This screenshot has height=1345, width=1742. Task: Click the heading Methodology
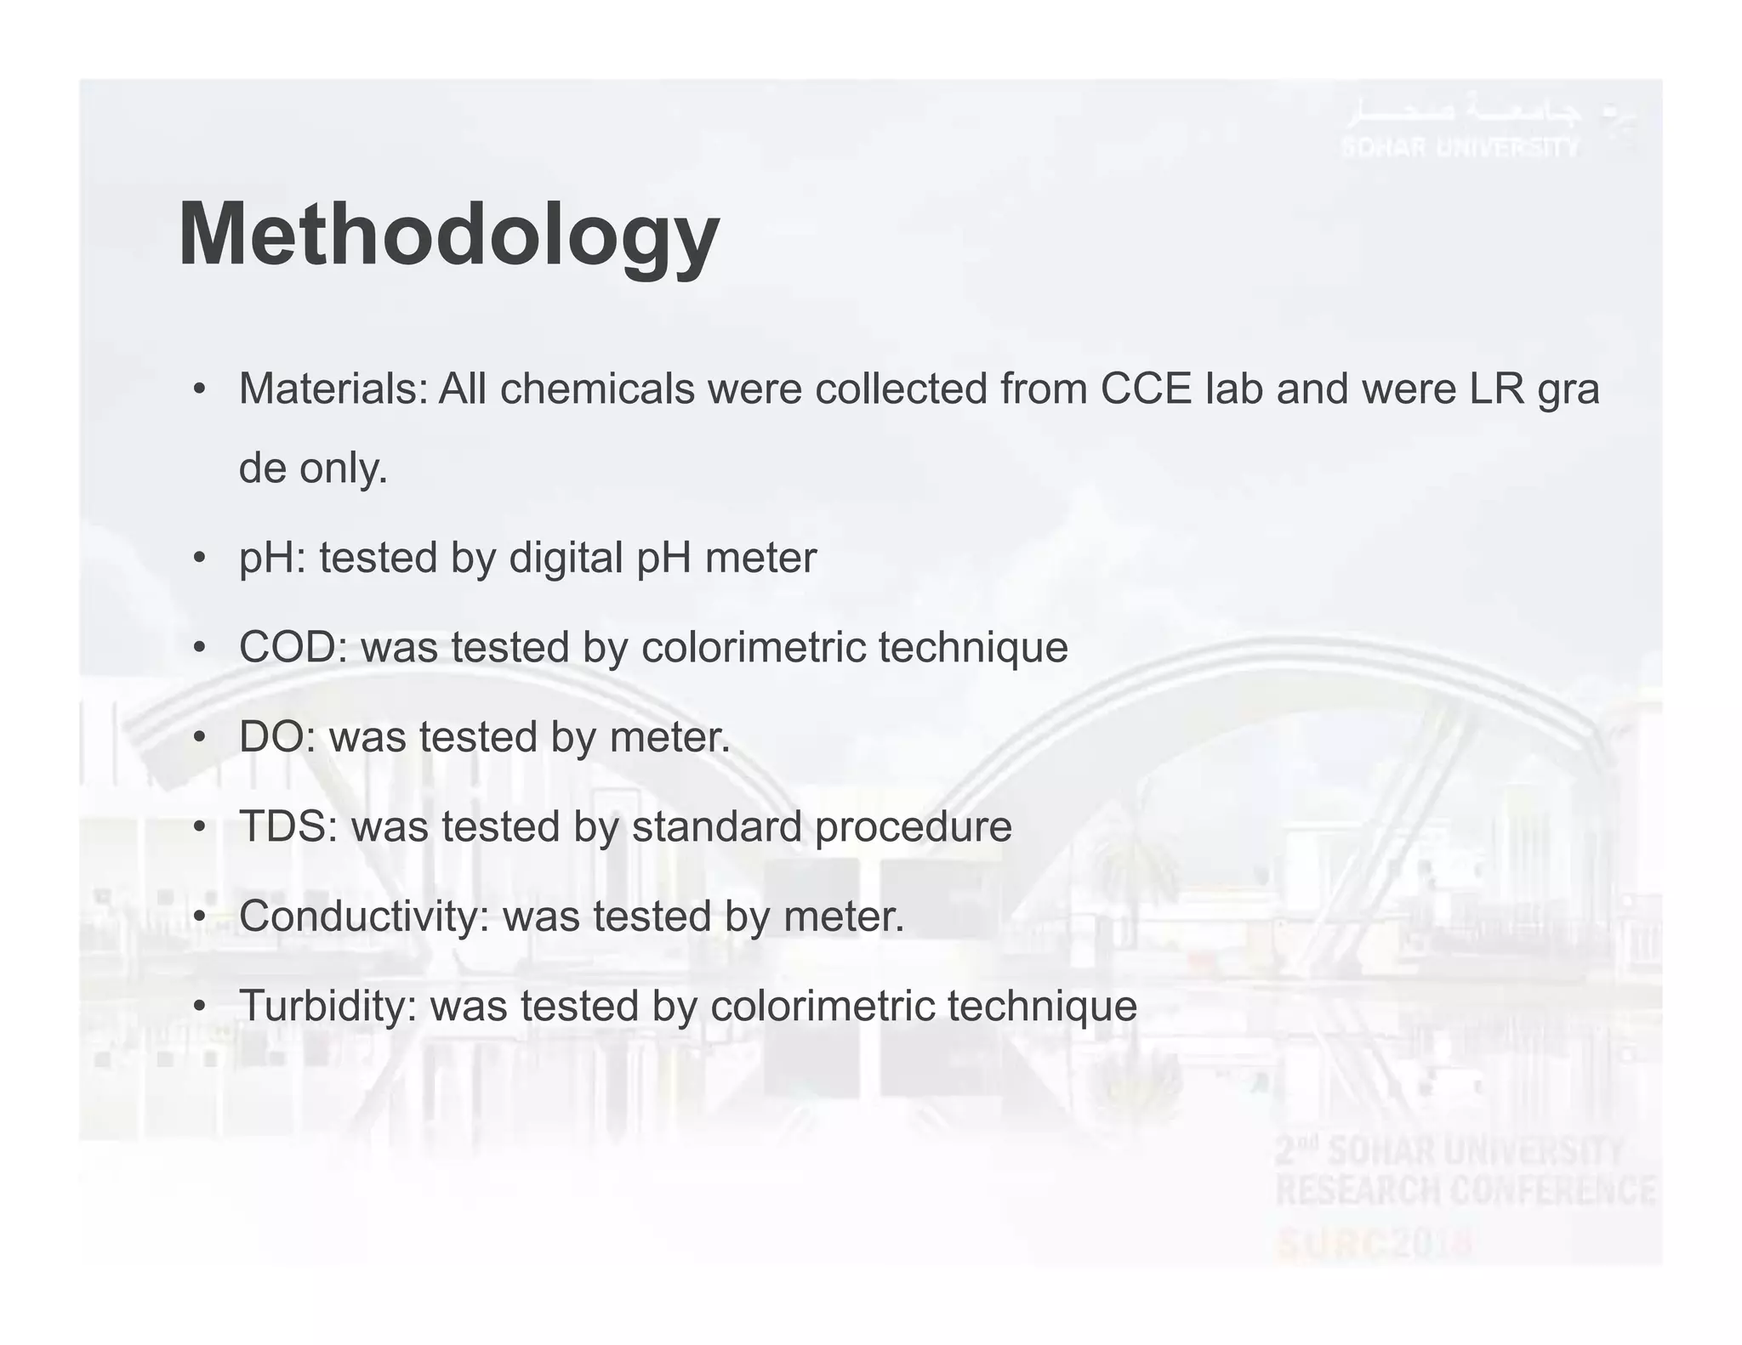[448, 236]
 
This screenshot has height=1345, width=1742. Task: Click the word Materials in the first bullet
[333, 389]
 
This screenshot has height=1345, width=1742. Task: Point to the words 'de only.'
[312, 468]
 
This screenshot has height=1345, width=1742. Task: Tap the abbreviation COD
[287, 648]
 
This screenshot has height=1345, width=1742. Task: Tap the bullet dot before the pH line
[199, 559]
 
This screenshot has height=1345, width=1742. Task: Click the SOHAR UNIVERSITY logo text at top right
[1460, 147]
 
